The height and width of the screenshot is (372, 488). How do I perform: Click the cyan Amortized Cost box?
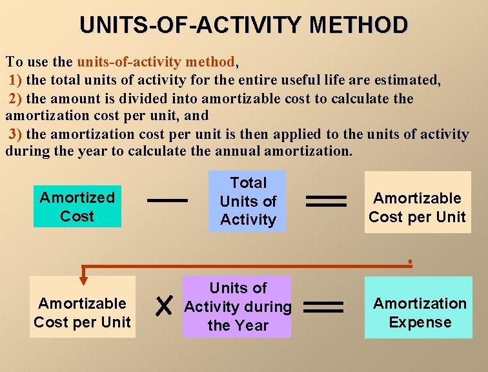77,207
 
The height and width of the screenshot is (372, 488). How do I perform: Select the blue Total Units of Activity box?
248,201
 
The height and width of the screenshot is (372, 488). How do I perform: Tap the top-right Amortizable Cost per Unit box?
417,207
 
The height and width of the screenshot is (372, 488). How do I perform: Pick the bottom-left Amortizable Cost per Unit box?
82,313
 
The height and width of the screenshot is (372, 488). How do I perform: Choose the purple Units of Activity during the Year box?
238,307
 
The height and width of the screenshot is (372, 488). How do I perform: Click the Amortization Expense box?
420,313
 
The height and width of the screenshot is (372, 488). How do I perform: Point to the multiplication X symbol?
164,307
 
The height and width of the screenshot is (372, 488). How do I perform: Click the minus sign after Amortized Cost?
167,200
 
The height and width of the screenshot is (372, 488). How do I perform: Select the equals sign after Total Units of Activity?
326,201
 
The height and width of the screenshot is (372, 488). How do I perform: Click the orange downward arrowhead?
83,279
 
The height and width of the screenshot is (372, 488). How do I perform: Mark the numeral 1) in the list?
15,81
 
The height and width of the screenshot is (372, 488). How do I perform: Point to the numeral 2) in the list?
15,99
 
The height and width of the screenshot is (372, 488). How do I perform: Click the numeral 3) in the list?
15,134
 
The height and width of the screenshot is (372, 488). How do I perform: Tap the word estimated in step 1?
407,81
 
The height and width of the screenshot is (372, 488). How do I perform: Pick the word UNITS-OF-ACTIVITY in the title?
191,25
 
